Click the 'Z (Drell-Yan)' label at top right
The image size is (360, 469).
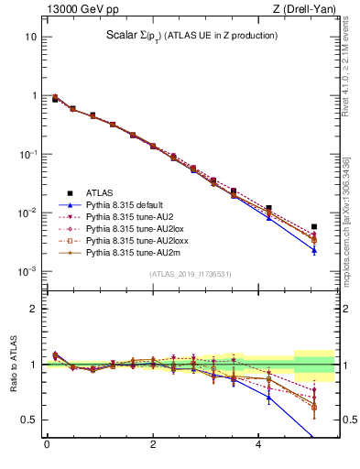tap(308, 10)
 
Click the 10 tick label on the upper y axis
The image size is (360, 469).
tap(30, 38)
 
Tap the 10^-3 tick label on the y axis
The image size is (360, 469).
tap(27, 272)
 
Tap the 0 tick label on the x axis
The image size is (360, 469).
tap(47, 446)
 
